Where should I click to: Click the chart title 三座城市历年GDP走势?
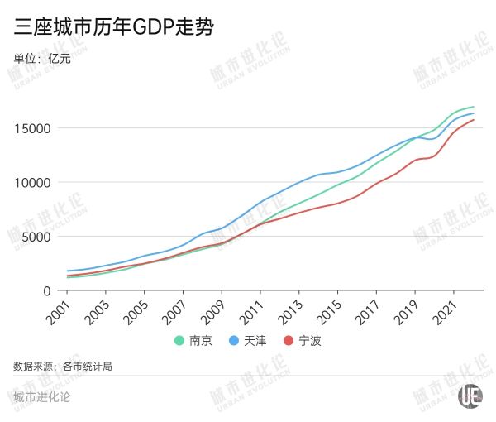[115, 27]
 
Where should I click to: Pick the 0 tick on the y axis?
[48, 290]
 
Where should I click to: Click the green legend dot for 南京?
[179, 341]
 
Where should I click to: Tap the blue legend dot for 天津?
[233, 341]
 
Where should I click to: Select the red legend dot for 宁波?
[289, 341]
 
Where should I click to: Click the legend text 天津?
[255, 341]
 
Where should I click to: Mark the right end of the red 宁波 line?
[474, 120]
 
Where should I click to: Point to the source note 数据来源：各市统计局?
[63, 366]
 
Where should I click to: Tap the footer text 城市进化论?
[42, 396]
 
